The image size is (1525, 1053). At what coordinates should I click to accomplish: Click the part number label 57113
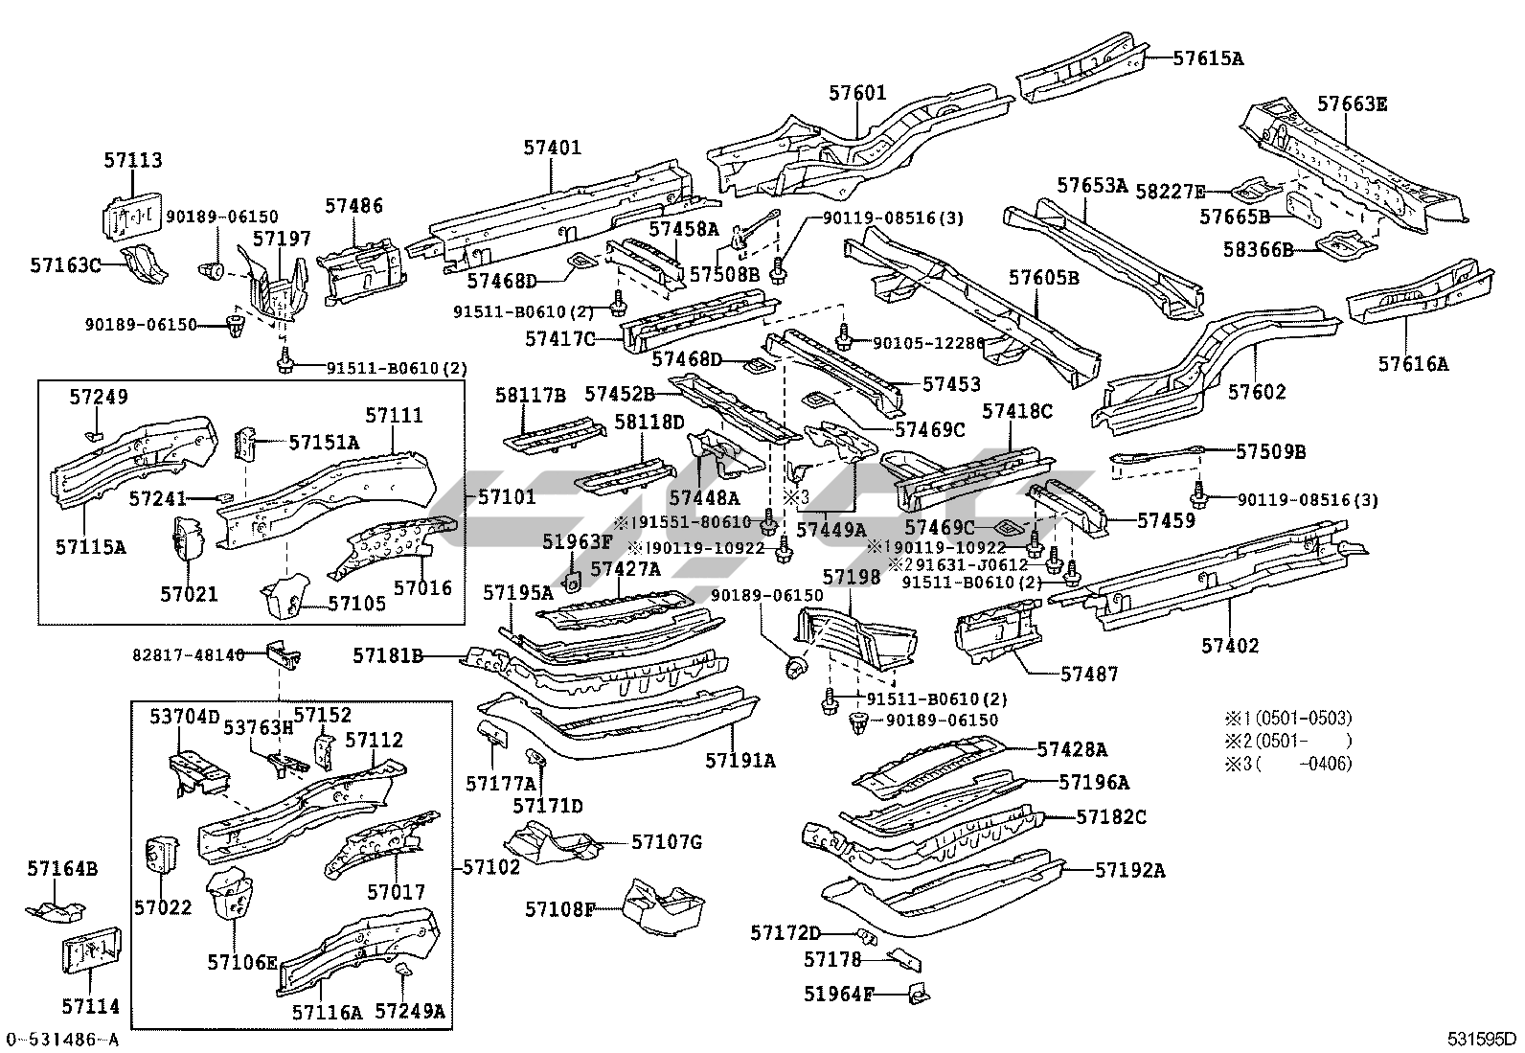coord(133,161)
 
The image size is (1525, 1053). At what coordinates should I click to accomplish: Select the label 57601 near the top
coord(857,94)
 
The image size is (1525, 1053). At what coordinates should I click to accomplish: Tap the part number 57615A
coord(1208,58)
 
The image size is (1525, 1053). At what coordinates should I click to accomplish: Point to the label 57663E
coord(1352,104)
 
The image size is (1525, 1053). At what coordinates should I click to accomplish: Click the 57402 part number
coord(1230,646)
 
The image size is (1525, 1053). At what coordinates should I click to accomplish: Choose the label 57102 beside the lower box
coord(491,867)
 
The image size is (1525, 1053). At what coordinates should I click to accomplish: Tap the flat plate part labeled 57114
coord(91,954)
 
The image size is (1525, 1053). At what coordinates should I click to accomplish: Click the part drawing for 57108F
coord(664,909)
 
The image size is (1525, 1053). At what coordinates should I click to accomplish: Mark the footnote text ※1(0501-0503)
coord(1287,718)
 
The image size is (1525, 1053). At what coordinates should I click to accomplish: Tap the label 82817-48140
coord(188,655)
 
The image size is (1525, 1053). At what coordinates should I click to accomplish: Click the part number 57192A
coord(1130,870)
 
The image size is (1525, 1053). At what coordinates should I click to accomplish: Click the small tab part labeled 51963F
coord(574,581)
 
